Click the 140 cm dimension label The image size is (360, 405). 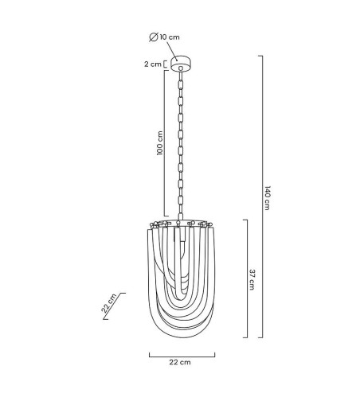pos(268,198)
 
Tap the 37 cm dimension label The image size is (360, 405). pos(252,280)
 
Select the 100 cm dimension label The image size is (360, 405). pos(160,142)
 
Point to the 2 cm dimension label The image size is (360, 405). pos(153,64)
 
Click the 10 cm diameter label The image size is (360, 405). pos(170,37)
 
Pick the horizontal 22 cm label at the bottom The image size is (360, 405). pos(180,362)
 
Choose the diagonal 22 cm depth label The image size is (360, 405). pos(109,303)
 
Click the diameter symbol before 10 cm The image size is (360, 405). pos(154,37)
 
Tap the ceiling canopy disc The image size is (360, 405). pos(181,64)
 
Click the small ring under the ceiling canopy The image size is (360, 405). pos(181,68)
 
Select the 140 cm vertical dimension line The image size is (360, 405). pos(263,197)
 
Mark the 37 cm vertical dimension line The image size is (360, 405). pos(247,278)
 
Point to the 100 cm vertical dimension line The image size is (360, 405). pos(164,143)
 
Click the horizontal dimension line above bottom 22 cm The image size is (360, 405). pos(182,356)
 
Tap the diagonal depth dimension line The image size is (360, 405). pos(114,306)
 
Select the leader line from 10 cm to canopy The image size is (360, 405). pos(172,51)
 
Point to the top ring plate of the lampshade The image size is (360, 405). pos(182,223)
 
